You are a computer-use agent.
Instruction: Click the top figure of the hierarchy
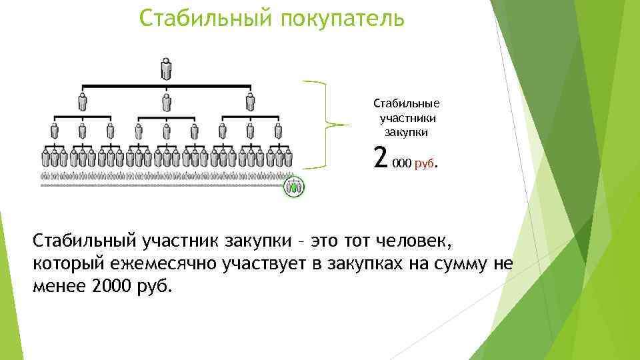pos(166,69)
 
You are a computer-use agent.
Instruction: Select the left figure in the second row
pos(83,101)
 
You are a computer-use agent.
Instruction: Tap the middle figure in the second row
pos(166,101)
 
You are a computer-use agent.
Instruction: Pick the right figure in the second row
pos(250,101)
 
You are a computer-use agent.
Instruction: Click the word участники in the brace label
pos(409,118)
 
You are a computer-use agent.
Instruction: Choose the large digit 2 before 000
pos(381,158)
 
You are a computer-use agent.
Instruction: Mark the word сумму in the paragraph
pos(457,263)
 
